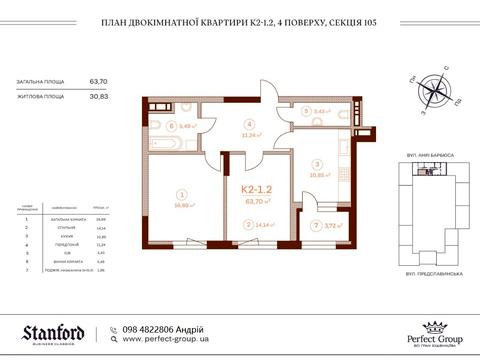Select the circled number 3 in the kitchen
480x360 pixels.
[316, 163]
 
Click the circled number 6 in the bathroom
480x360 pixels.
[171, 127]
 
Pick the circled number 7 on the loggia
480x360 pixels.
[315, 225]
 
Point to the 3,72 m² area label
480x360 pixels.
[335, 225]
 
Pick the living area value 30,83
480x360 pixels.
[99, 96]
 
